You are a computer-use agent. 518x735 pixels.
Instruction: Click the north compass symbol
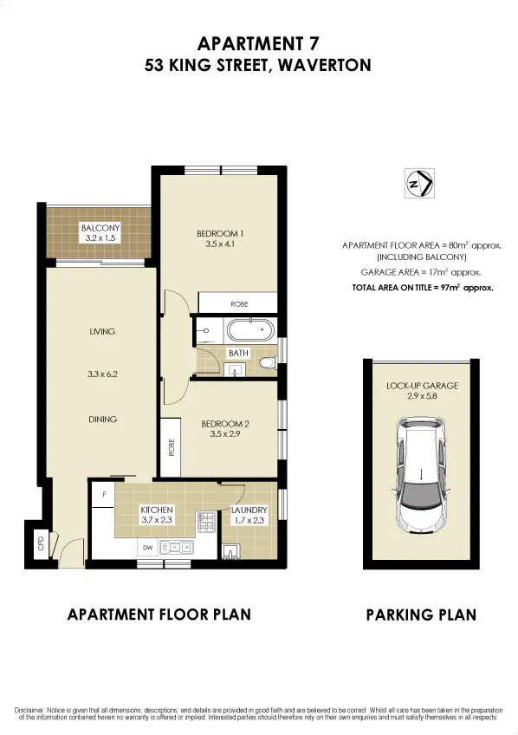coord(419,185)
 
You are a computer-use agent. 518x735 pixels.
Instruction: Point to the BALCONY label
coord(100,228)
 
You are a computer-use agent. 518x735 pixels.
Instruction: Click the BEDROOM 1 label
coord(218,233)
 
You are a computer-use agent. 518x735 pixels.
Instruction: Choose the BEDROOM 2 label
coord(225,424)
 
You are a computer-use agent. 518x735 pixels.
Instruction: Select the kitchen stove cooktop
coord(207,523)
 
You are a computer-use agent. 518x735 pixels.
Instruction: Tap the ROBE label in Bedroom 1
coord(238,305)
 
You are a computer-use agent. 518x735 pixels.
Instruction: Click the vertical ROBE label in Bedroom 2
coord(170,446)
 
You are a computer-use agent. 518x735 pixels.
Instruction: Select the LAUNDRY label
coord(249,511)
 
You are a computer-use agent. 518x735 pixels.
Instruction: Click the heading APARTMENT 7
coord(258,42)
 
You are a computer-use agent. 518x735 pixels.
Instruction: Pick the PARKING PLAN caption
coord(421,615)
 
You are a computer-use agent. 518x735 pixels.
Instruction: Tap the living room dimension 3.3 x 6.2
coord(101,375)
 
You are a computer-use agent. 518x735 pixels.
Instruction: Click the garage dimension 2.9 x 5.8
coord(422,395)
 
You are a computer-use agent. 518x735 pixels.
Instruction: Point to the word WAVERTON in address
coord(321,65)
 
